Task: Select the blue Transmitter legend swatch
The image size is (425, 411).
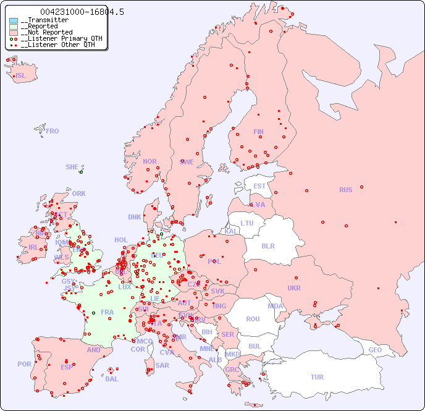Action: pyautogui.click(x=14, y=20)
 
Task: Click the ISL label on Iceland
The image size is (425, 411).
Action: pyautogui.click(x=20, y=76)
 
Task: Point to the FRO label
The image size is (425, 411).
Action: pyautogui.click(x=53, y=131)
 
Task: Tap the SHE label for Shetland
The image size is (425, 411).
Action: pyautogui.click(x=72, y=167)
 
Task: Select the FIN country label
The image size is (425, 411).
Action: pyautogui.click(x=258, y=132)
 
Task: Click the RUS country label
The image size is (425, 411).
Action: pyautogui.click(x=345, y=190)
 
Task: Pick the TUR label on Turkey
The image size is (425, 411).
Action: pyautogui.click(x=317, y=377)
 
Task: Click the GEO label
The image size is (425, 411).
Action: pyautogui.click(x=375, y=350)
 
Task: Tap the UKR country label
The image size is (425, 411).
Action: pyautogui.click(x=294, y=288)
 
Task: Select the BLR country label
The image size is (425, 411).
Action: pyautogui.click(x=267, y=245)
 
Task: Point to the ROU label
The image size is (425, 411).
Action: pyautogui.click(x=253, y=319)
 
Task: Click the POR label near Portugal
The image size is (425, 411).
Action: pyautogui.click(x=24, y=364)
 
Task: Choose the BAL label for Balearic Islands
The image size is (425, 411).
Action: pyautogui.click(x=111, y=379)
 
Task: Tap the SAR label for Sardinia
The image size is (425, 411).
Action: pyautogui.click(x=162, y=365)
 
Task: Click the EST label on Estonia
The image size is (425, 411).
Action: pyautogui.click(x=259, y=186)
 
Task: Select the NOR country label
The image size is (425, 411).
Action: pyautogui.click(x=149, y=161)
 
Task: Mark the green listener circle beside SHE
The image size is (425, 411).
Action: pyautogui.click(x=81, y=172)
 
